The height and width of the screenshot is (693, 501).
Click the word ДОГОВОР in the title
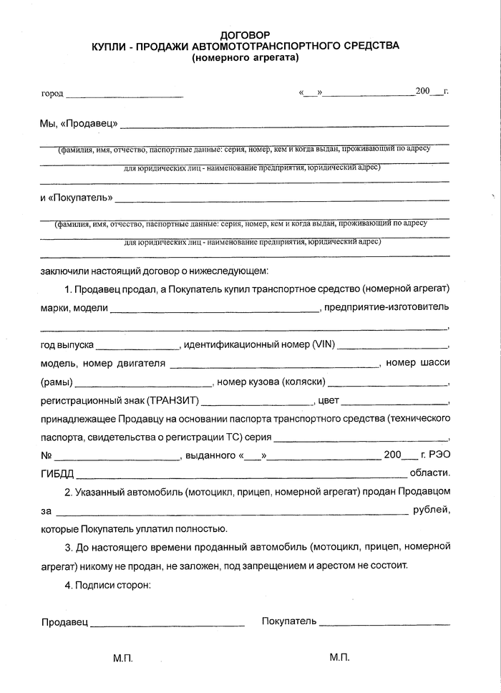point(245,34)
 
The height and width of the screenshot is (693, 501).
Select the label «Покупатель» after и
point(79,197)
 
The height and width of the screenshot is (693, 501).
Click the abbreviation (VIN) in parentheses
point(324,345)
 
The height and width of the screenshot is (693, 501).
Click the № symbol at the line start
point(47,455)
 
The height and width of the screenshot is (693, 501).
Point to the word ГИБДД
point(57,473)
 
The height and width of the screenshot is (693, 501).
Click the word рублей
point(432,510)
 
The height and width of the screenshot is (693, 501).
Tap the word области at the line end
point(429,473)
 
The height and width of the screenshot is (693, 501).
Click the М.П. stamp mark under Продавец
point(123,658)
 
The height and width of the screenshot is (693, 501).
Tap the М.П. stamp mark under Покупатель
point(340,657)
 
